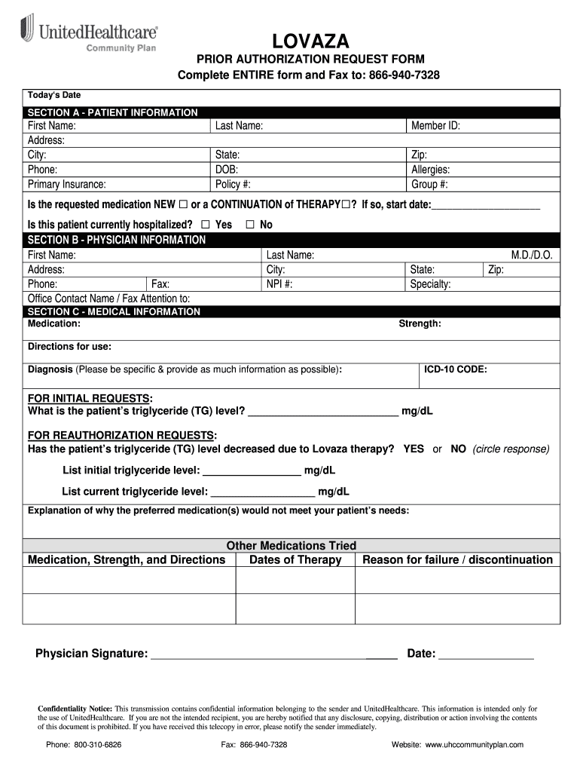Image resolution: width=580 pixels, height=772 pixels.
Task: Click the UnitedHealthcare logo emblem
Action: (x=27, y=30)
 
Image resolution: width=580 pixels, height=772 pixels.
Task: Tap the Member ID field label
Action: (x=435, y=126)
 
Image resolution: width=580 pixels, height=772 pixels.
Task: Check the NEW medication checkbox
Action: (x=183, y=205)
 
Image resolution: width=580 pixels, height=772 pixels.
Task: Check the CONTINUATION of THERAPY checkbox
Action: (x=346, y=205)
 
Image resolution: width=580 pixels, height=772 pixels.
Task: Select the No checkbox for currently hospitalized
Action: (x=250, y=225)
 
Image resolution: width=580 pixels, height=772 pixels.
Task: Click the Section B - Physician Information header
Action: (x=116, y=240)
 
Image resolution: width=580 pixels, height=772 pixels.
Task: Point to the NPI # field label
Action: (x=279, y=284)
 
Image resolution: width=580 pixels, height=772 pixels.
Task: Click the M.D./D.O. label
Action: (x=532, y=256)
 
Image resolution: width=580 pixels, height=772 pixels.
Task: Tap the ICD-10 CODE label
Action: (x=455, y=369)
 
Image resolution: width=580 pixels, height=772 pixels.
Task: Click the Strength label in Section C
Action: (x=420, y=323)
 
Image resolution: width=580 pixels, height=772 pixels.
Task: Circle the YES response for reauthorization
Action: (x=414, y=449)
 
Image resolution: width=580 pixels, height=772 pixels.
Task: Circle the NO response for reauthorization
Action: (x=458, y=449)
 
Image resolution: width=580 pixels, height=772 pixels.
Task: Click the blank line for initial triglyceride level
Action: (x=252, y=472)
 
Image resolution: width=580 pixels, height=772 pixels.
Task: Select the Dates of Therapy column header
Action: (x=295, y=559)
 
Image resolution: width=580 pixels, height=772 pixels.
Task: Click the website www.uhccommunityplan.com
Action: (x=474, y=744)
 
